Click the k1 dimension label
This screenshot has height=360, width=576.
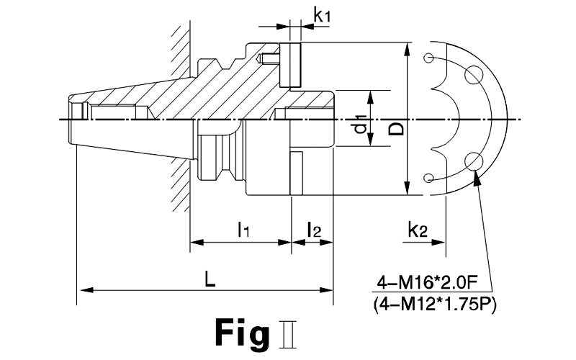(x=322, y=15)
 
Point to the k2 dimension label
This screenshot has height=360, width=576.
(x=418, y=230)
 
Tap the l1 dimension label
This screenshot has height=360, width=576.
(x=243, y=229)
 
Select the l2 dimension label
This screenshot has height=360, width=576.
(x=314, y=229)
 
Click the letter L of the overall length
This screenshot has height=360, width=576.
(x=210, y=280)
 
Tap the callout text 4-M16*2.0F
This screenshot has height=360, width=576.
(x=427, y=283)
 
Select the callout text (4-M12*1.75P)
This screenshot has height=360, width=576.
(x=435, y=305)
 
